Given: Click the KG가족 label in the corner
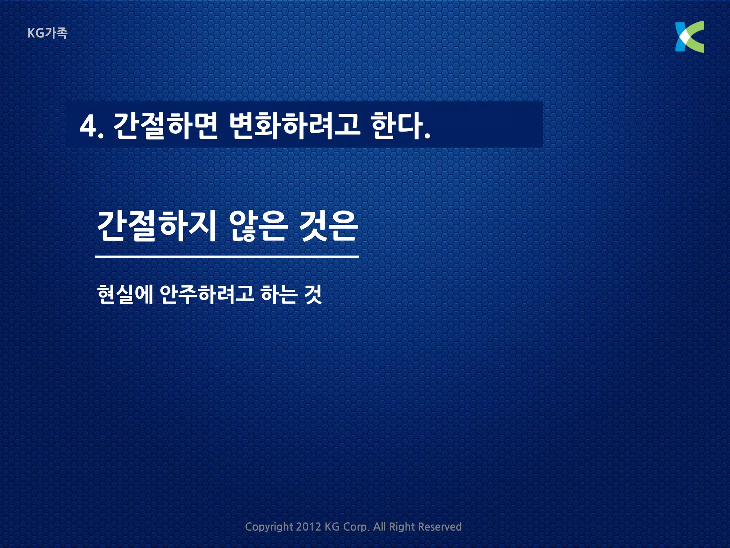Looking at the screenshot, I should tap(47, 33).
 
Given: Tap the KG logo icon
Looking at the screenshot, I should tap(689, 37).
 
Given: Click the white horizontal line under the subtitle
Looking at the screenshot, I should tap(227, 256).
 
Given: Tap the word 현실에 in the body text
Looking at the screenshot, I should tap(125, 294).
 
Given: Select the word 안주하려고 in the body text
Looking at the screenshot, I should tap(207, 294).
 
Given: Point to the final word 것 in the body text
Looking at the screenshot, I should tap(313, 294).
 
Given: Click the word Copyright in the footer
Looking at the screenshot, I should tap(269, 527).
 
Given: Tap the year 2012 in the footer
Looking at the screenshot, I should tap(308, 527).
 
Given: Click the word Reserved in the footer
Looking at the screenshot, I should tap(439, 527).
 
